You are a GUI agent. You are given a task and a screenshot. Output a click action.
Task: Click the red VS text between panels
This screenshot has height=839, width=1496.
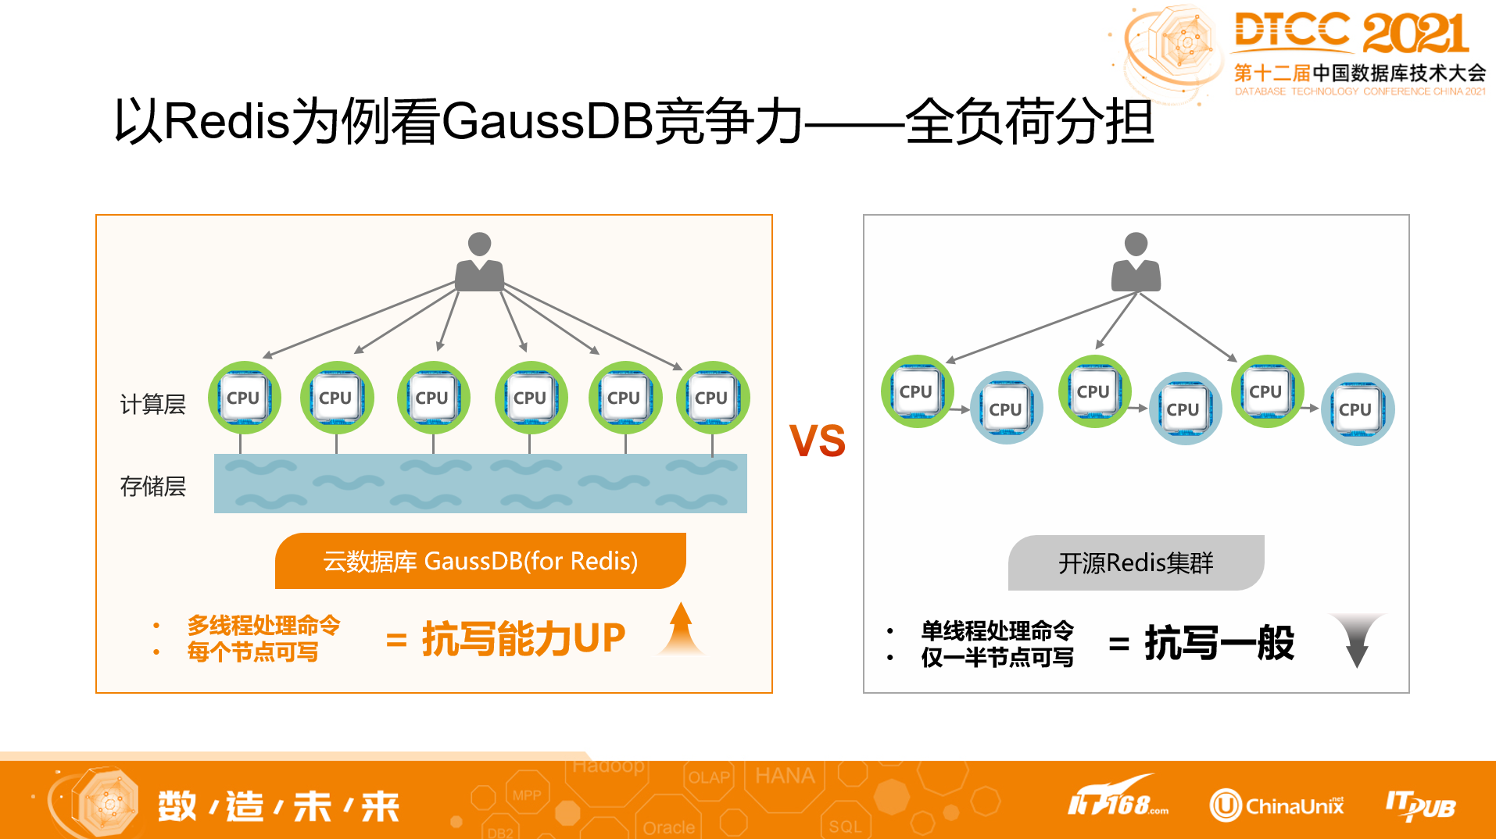(x=817, y=441)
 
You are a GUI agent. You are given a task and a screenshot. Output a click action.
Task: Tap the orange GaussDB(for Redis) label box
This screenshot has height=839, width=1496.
(x=480, y=561)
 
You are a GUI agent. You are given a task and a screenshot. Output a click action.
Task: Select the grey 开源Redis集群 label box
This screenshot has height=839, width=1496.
(x=1136, y=562)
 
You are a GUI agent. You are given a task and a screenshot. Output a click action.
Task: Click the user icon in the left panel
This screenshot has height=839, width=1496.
(x=479, y=262)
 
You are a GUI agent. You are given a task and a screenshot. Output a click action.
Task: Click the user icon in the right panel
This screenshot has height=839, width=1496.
(x=1136, y=262)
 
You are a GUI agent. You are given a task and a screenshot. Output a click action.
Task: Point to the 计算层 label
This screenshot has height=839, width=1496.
(x=152, y=404)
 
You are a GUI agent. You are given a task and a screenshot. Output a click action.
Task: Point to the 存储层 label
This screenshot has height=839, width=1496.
(x=152, y=486)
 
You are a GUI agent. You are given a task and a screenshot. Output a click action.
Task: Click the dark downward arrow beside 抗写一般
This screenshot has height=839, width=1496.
(x=1358, y=639)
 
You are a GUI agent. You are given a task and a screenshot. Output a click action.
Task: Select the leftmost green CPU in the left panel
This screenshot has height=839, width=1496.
(x=244, y=398)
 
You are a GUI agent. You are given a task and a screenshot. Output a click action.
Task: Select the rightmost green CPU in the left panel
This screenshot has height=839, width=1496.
(x=712, y=398)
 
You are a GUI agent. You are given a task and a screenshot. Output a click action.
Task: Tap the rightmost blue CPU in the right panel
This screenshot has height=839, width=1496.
(x=1357, y=409)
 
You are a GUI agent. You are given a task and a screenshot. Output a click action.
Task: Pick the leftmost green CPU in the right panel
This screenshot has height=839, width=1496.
(x=916, y=391)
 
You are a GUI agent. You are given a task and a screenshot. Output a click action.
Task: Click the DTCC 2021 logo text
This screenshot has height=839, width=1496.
(x=1351, y=33)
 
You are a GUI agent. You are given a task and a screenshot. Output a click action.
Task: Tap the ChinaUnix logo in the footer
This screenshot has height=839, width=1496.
(x=1277, y=805)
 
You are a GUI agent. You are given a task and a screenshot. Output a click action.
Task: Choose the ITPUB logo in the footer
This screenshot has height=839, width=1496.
(x=1420, y=805)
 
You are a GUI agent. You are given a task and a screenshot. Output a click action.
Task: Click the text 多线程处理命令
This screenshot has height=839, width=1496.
(x=263, y=625)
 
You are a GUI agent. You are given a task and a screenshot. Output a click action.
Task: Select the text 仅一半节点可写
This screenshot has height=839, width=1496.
(x=997, y=657)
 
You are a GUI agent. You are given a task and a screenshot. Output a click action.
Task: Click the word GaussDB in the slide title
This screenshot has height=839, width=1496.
(x=547, y=122)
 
